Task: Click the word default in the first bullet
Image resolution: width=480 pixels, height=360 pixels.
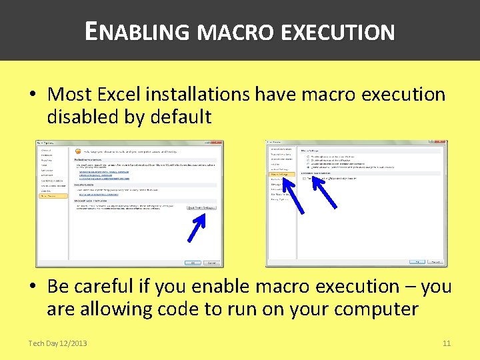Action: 181,117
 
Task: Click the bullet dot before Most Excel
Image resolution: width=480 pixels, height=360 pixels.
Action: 33,95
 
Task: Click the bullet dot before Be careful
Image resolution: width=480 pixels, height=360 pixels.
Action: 33,287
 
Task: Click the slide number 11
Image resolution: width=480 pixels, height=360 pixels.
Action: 447,343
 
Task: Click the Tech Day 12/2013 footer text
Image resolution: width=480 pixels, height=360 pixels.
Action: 57,343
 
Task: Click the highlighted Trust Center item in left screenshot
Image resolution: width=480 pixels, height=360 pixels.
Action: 52,196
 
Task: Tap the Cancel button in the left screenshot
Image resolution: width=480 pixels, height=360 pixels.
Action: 211,263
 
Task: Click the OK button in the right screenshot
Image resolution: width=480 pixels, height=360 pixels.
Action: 417,263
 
